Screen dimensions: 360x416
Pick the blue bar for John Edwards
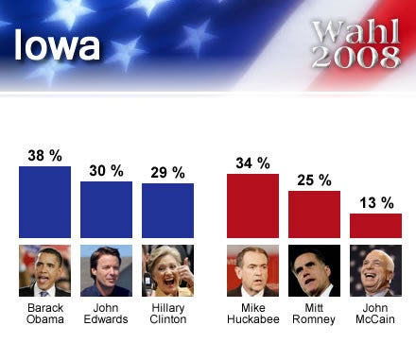tap(106, 210)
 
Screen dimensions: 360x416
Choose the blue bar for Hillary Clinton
tap(167, 211)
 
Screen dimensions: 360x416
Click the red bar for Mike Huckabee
tap(252, 205)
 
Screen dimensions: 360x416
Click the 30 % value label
tap(106, 170)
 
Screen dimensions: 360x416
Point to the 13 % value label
tap(375, 201)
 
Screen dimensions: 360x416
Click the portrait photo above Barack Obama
tap(44, 272)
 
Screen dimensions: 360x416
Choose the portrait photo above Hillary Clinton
tap(167, 272)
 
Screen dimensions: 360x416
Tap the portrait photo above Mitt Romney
tap(314, 272)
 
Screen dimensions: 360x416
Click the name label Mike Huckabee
tap(252, 314)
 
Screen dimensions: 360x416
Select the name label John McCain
tap(375, 314)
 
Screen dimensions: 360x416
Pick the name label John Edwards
tap(106, 314)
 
